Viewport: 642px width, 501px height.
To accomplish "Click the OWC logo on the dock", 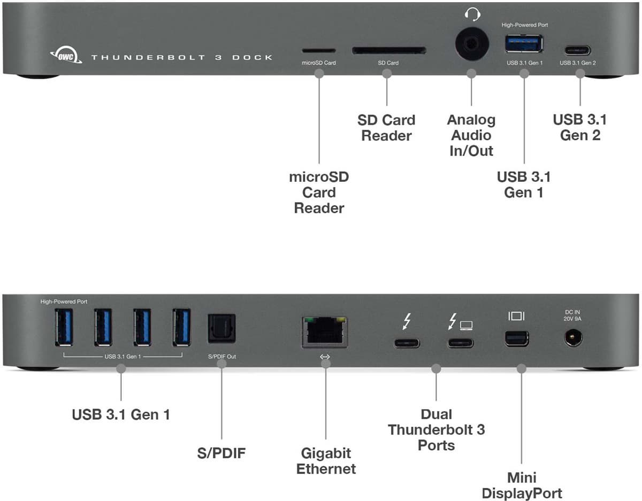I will (65, 55).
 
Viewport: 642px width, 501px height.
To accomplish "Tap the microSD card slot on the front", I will (319, 51).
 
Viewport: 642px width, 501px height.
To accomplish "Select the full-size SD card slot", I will (389, 51).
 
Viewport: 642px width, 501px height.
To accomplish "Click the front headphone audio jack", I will (471, 44).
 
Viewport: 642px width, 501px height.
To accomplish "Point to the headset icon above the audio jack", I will (472, 14).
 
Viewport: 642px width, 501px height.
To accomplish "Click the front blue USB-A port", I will (524, 44).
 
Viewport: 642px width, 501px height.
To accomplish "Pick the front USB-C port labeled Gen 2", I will (577, 51).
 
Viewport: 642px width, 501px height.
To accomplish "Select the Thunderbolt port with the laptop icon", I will (461, 343).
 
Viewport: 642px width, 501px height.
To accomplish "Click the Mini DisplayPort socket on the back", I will (516, 338).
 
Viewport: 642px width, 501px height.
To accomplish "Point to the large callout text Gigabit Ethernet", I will (326, 461).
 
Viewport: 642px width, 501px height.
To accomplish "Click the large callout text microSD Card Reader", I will (319, 192).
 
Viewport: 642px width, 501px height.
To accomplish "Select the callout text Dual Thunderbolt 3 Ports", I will (436, 429).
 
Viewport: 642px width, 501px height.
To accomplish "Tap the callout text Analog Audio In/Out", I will (471, 135).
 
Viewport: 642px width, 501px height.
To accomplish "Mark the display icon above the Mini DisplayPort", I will (517, 316).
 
